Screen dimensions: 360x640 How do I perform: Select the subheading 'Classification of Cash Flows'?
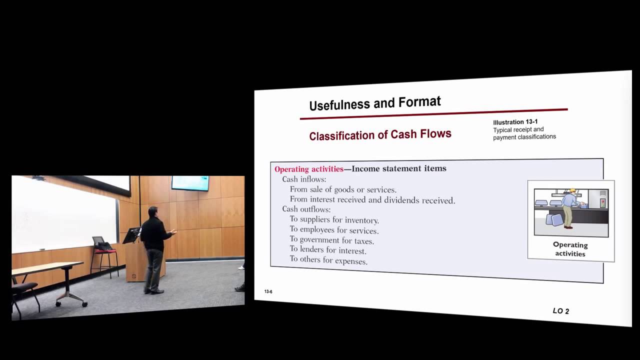coord(380,134)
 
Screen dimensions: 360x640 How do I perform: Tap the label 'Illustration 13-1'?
coord(515,122)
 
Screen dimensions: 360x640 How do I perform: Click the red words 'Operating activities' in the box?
coord(308,169)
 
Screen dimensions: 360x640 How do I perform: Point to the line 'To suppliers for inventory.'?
coord(334,220)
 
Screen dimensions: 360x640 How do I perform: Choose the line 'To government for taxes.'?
coord(331,240)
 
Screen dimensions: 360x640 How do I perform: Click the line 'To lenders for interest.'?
coord(327,250)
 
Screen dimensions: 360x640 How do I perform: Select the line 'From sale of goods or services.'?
coord(343,189)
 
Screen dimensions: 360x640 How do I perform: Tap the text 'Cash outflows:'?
coord(306,209)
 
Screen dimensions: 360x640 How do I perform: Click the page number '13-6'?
coord(268,291)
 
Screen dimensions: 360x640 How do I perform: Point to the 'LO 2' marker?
coord(560,311)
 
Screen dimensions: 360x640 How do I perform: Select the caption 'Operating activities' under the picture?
coord(570,249)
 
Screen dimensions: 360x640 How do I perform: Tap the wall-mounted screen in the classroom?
coord(190,183)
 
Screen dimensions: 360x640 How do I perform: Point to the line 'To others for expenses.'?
coord(328,260)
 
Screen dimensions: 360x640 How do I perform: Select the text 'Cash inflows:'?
coord(304,179)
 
